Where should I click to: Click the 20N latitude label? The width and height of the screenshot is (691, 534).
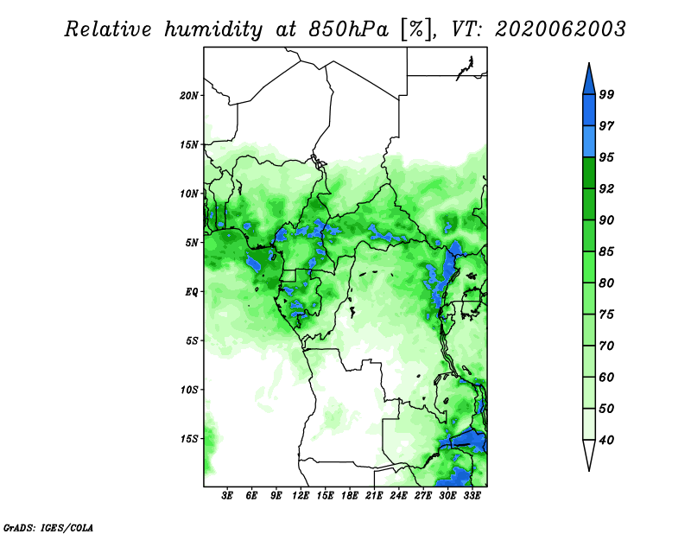[189, 96]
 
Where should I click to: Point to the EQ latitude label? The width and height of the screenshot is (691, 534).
[191, 292]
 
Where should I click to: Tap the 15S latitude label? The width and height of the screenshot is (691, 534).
[189, 439]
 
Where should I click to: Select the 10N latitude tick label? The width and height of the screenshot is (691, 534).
[189, 194]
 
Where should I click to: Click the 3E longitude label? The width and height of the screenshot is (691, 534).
[227, 495]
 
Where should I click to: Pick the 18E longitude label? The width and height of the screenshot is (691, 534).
[350, 495]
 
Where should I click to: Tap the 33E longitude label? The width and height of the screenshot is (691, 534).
[472, 495]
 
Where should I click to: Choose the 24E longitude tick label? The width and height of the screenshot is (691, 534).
[398, 495]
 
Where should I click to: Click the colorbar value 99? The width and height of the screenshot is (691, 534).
[606, 94]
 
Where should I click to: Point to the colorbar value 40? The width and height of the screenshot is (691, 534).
[606, 440]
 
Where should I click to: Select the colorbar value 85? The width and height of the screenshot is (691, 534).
[606, 251]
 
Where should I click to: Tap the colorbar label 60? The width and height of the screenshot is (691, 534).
[606, 377]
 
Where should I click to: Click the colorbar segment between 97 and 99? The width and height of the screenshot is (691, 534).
[589, 111]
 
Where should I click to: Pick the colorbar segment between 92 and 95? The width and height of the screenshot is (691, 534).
[589, 173]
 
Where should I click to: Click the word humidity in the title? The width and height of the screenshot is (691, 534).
[212, 30]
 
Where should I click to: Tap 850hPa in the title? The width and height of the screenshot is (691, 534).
[349, 29]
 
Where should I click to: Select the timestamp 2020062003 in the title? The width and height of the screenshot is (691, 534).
[560, 29]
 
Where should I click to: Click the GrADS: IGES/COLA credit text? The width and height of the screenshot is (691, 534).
[48, 527]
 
